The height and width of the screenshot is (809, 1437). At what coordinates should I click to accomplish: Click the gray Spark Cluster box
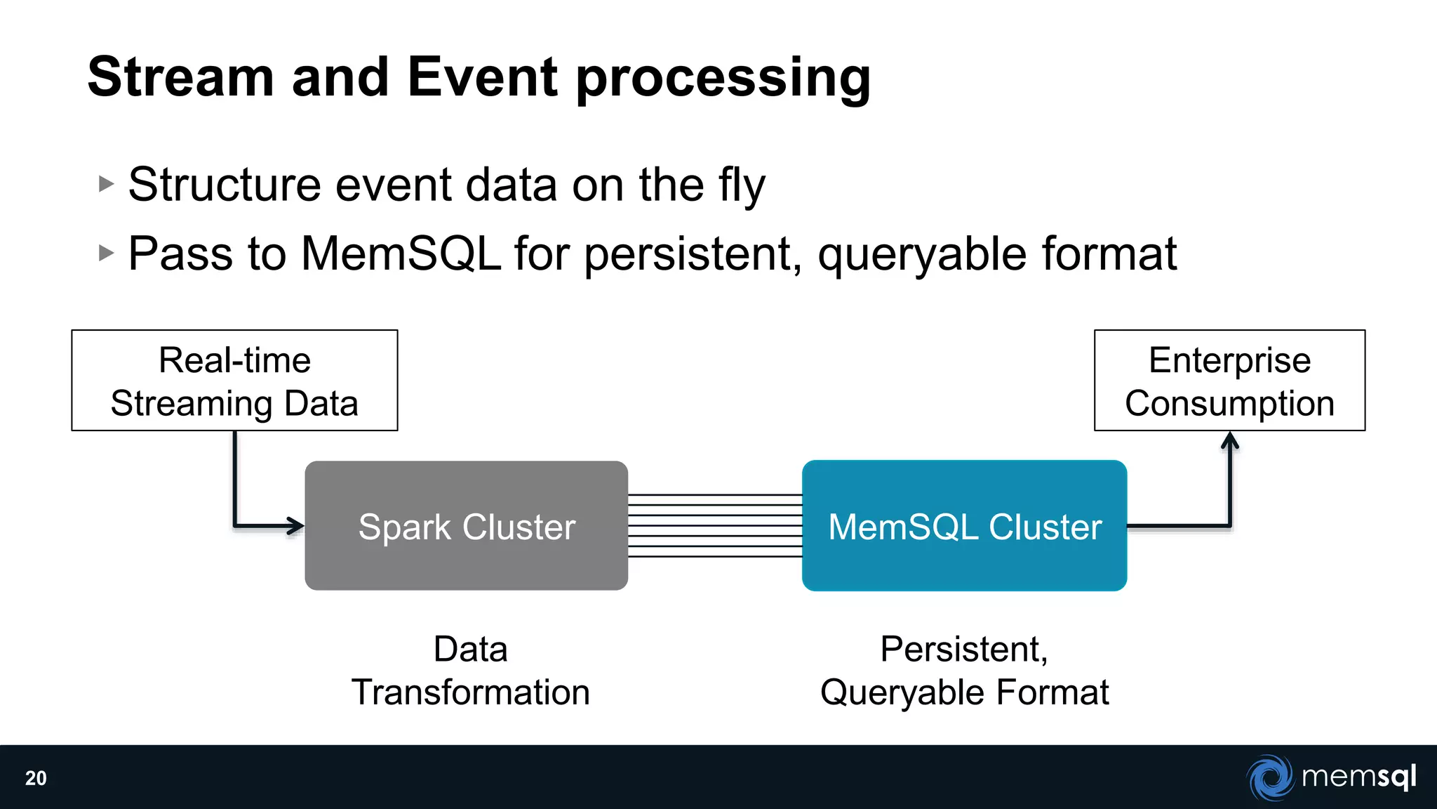click(x=466, y=526)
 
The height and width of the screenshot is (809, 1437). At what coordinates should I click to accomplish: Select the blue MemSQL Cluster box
click(x=964, y=526)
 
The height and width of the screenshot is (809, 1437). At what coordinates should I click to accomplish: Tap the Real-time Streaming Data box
click(x=234, y=381)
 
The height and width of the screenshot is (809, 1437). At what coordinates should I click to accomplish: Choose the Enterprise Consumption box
click(x=1229, y=381)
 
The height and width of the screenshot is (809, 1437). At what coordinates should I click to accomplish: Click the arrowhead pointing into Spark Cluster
click(x=295, y=525)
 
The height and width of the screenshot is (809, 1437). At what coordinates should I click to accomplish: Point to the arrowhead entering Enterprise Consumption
click(x=1230, y=441)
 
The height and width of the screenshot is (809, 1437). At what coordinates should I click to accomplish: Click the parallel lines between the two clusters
click(x=714, y=526)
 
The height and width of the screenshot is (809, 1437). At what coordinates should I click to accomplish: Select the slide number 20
click(x=36, y=778)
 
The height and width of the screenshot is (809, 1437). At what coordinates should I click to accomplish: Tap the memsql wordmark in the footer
click(x=1358, y=777)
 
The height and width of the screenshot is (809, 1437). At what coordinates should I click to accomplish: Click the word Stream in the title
click(x=180, y=77)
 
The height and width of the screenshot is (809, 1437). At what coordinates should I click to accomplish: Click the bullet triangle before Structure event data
click(x=106, y=184)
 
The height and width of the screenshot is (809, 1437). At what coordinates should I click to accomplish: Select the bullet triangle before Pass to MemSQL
click(x=106, y=253)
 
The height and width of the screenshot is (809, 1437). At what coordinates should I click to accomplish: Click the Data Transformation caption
click(x=470, y=671)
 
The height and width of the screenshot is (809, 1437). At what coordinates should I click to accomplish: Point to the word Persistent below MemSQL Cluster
click(x=963, y=649)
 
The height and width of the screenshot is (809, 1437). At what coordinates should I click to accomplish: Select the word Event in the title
click(x=483, y=77)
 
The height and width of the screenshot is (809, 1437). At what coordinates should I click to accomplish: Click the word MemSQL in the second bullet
click(x=401, y=254)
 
